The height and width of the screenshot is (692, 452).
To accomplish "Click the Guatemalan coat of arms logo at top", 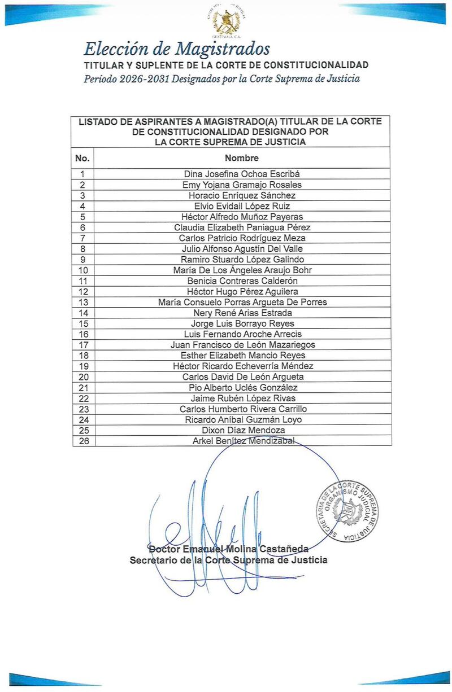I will (226, 22).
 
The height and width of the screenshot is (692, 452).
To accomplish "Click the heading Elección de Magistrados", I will (177, 49).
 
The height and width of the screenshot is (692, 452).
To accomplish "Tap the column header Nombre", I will (242, 158).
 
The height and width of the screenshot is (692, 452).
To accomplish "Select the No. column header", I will (82, 158).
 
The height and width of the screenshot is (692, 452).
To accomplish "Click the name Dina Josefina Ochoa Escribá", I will (242, 174).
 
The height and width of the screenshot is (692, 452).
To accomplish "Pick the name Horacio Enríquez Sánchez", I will (242, 195).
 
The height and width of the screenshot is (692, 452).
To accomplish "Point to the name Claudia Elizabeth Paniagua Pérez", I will (242, 227).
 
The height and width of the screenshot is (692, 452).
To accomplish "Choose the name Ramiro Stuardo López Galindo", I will (242, 260).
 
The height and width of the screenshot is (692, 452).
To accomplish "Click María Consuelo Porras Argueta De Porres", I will (242, 302).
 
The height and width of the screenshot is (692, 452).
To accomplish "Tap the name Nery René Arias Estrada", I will (242, 313).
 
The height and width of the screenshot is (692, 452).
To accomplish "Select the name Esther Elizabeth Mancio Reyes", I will (242, 355).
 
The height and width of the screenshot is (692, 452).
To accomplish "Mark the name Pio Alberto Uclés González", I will (242, 387).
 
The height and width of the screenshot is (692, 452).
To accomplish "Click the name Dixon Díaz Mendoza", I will (242, 430).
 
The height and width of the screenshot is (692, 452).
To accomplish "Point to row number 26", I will (83, 441).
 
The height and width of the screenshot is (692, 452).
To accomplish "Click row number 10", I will (83, 270).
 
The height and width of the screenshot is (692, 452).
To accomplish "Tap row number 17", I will (83, 345).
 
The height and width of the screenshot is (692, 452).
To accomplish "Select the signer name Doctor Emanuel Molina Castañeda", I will (228, 549).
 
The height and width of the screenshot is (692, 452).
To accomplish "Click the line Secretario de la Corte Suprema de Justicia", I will (228, 560).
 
